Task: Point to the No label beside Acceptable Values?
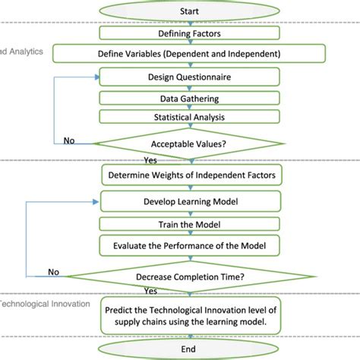click(69, 139)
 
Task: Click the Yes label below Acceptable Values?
click(150, 160)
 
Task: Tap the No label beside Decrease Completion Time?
click(55, 272)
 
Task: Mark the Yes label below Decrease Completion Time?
click(150, 290)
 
